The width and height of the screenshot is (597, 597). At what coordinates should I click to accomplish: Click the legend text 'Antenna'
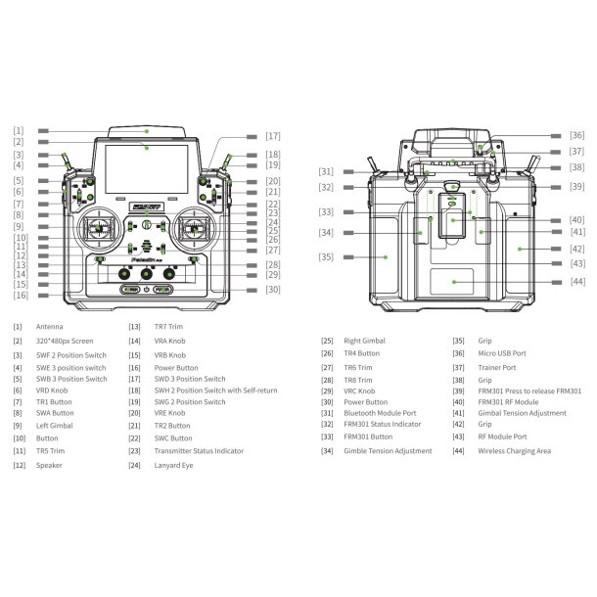[50, 327]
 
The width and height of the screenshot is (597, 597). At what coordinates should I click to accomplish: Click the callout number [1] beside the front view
[19, 130]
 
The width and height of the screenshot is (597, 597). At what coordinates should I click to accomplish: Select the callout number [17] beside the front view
[272, 136]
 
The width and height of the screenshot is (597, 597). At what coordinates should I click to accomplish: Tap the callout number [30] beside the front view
[272, 290]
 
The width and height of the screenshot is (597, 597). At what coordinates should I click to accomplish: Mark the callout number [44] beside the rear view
[578, 281]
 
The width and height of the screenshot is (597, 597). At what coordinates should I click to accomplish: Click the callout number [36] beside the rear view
[577, 136]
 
